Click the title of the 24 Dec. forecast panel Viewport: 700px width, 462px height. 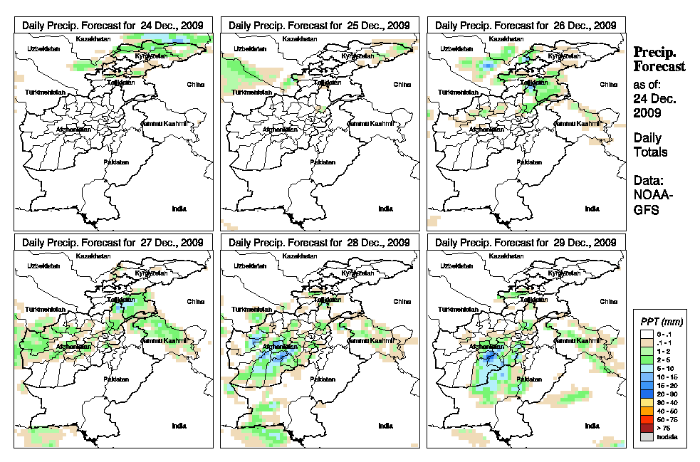point(113,25)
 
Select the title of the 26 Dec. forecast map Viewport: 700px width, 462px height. point(525,25)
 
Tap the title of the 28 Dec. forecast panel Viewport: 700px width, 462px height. point(319,243)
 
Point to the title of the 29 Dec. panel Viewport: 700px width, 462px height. point(525,243)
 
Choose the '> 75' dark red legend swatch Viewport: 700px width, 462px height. point(647,428)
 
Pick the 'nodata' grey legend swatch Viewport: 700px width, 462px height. point(647,436)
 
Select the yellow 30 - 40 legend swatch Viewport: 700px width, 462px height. point(647,403)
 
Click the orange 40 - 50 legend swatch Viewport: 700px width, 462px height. point(647,411)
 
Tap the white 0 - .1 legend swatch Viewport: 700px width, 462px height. point(647,334)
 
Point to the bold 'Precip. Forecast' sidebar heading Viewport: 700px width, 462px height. point(659,59)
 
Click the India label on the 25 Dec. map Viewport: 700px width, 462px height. point(385,209)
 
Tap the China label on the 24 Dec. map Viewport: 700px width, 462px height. point(195,84)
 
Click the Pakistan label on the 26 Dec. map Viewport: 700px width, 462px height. point(529,162)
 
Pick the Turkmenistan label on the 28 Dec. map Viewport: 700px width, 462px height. point(251,310)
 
